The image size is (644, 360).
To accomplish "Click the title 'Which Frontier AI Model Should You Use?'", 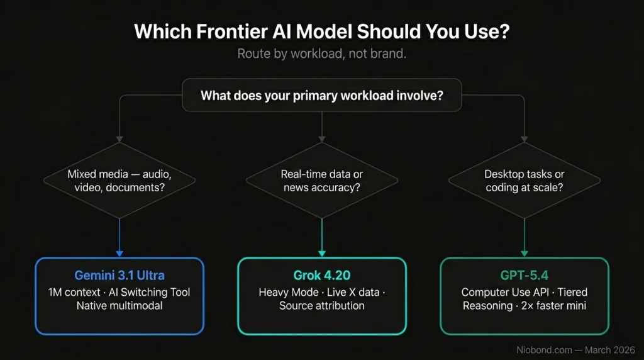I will click(322, 32).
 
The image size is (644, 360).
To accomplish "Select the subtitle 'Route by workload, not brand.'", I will click(322, 53).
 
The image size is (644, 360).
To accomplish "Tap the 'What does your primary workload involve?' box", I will click(322, 96).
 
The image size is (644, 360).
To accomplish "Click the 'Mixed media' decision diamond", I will click(119, 180).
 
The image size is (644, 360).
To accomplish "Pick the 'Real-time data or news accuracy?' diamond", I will click(322, 180).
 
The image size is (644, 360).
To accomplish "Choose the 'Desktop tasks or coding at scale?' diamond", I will click(525, 180).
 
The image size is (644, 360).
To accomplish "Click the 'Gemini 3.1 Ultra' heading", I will click(119, 276).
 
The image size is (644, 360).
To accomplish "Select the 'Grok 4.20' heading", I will click(322, 276).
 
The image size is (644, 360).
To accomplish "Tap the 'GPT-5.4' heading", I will click(525, 276).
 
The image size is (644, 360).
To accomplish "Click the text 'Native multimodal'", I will click(119, 306).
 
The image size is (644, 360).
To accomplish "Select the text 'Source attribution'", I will click(322, 306).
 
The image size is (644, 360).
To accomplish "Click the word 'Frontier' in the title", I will click(218, 32).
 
